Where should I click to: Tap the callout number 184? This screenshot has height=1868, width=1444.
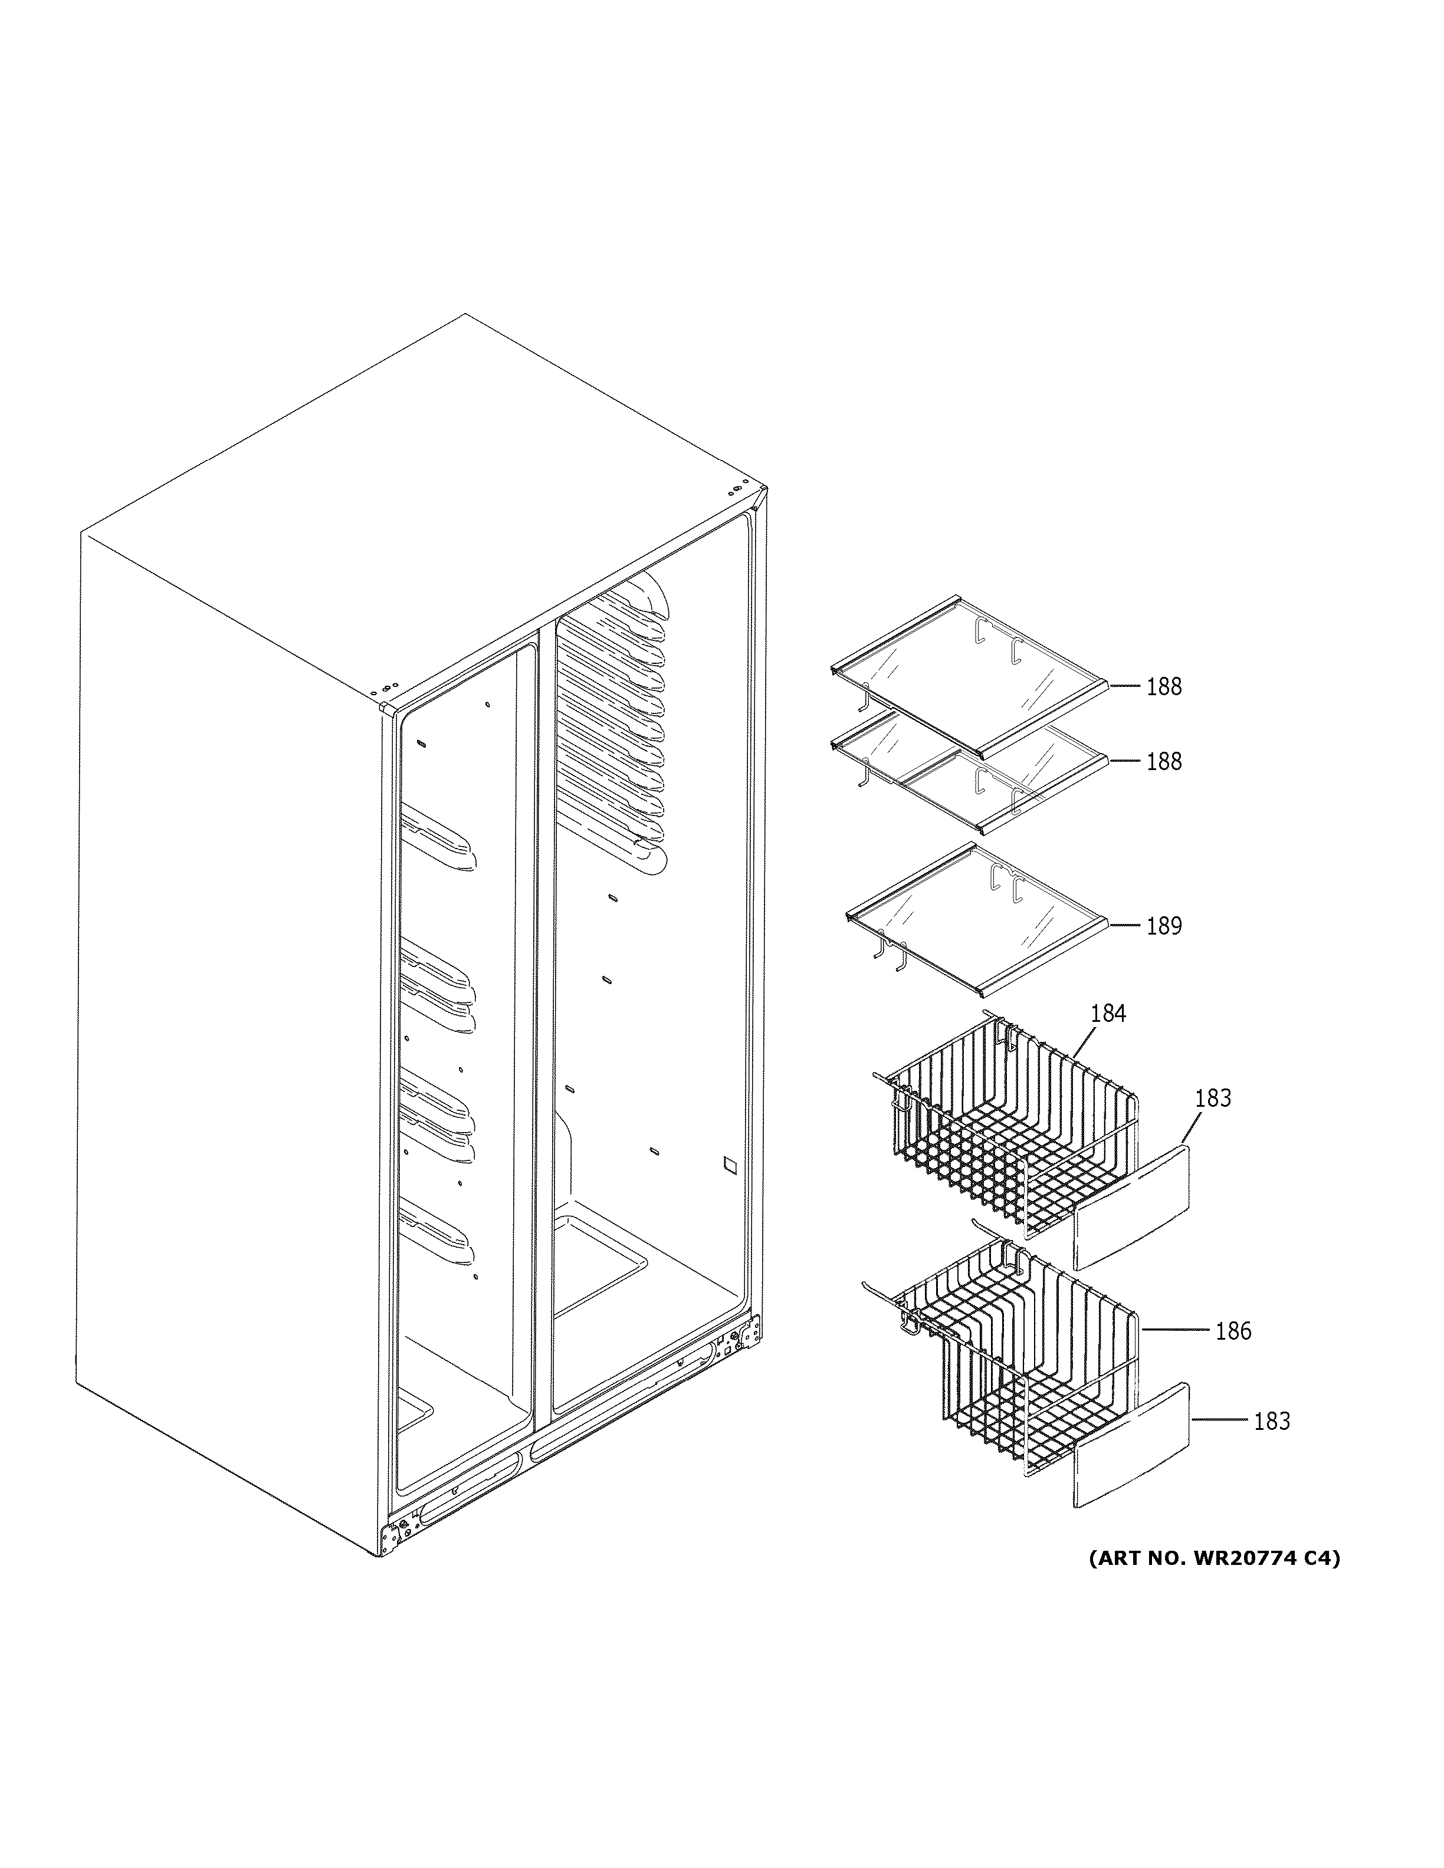pos(1109,1014)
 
